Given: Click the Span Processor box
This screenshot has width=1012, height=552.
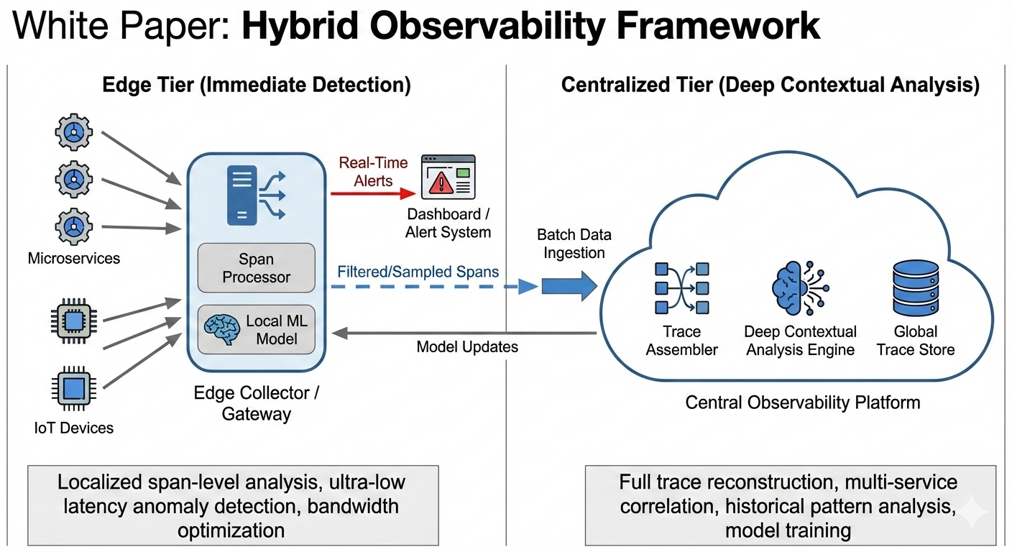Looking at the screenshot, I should click(256, 267).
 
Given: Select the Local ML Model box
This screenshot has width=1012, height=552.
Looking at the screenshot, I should click(256, 329).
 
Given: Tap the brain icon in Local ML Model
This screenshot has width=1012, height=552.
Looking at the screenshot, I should click(222, 329).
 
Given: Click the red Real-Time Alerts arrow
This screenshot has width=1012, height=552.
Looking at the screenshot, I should click(373, 193).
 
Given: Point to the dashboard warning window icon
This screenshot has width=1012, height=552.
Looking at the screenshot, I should click(448, 176).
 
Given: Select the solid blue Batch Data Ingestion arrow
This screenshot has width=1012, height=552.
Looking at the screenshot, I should click(569, 287).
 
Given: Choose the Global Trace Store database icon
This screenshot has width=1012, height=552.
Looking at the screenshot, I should click(914, 288).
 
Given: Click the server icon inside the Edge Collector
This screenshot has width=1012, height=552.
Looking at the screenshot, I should click(243, 194).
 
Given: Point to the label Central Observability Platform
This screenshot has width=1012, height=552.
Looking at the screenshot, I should click(802, 402).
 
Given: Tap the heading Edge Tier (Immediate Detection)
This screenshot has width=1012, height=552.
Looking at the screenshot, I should click(257, 86).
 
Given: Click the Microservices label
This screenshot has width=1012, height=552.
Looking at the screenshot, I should click(73, 257).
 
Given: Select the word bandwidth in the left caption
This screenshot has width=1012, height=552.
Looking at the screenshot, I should click(352, 505).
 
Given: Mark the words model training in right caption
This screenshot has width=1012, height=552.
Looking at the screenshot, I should click(788, 531).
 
